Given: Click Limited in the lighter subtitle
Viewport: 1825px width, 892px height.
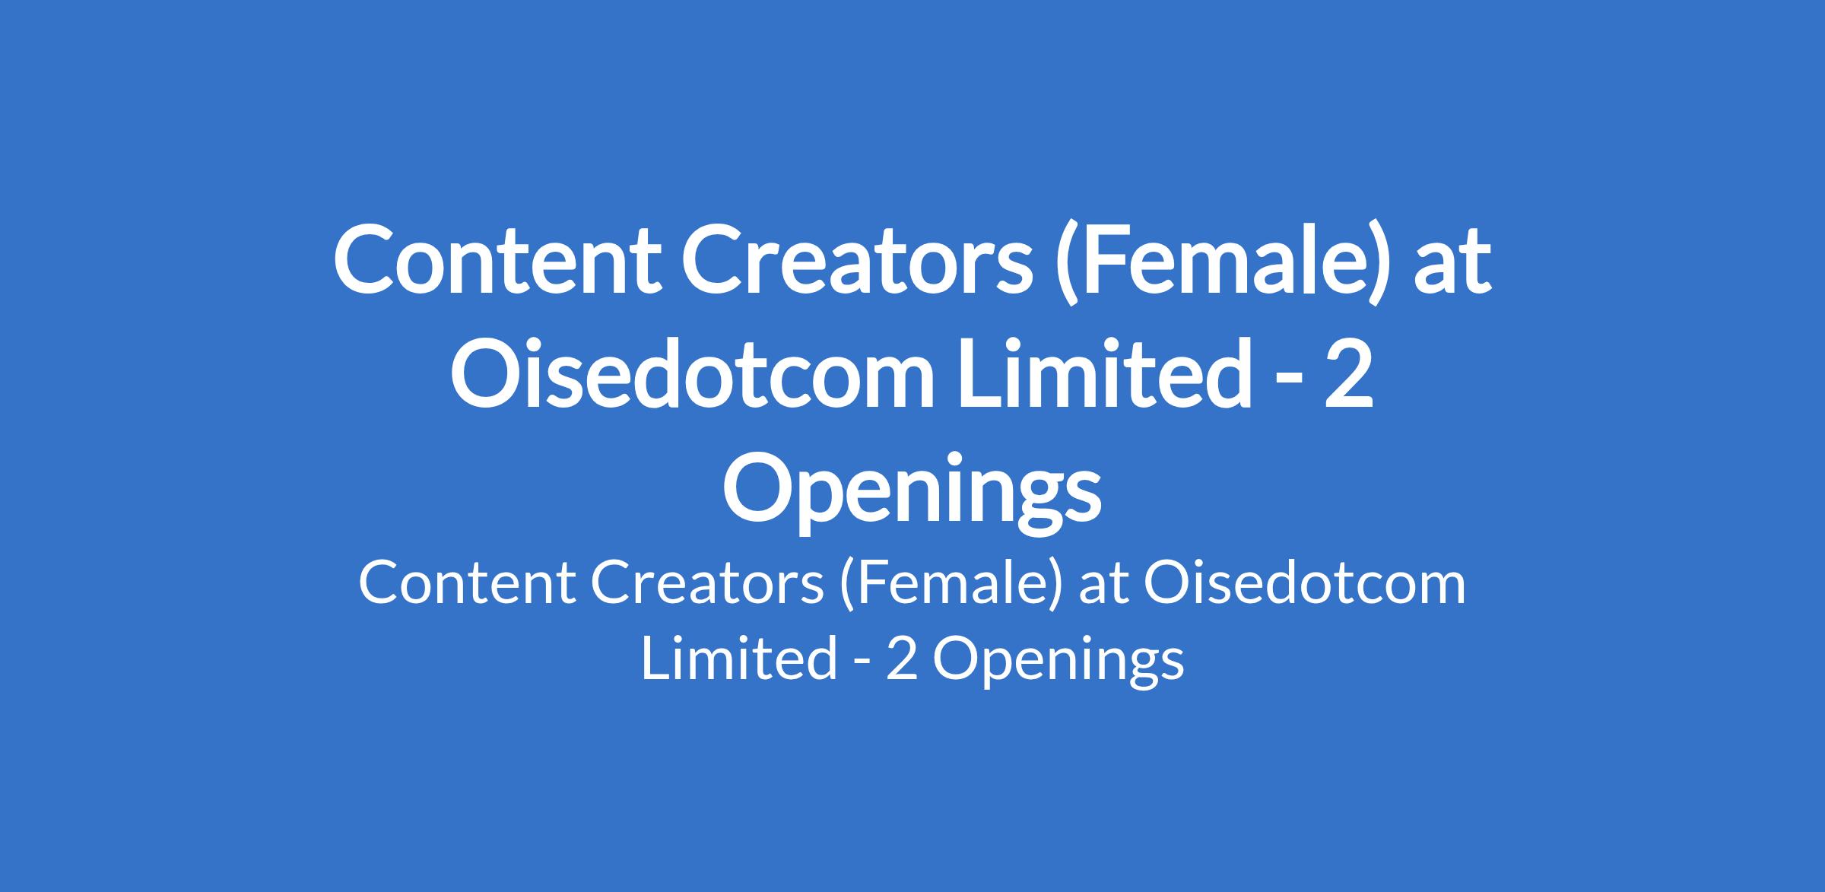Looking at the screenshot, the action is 738,659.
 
